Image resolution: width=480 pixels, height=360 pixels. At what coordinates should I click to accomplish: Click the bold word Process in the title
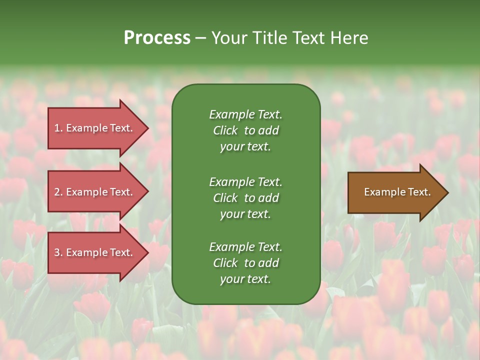click(157, 37)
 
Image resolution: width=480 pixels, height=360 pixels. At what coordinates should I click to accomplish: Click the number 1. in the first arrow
click(58, 128)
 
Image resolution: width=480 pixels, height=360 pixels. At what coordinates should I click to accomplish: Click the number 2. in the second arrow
click(58, 192)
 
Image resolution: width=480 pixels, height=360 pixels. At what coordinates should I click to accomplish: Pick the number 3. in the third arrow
click(58, 252)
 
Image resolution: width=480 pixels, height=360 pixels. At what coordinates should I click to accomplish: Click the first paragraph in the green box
click(245, 130)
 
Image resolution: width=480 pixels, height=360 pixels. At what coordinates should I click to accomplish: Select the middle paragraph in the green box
click(245, 197)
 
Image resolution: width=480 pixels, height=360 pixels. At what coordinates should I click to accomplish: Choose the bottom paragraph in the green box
click(245, 263)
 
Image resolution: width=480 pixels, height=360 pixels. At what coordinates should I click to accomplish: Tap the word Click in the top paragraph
click(225, 130)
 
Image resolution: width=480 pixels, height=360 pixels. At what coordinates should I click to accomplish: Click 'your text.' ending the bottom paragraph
click(245, 279)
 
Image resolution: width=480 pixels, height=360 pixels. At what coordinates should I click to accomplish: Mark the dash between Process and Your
click(201, 38)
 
